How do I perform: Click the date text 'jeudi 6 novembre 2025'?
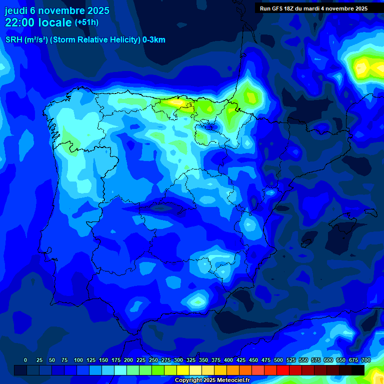coord(57,10)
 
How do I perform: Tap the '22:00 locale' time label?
coord(38,22)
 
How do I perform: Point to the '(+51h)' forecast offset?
coord(86,22)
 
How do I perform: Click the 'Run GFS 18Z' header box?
coord(313,8)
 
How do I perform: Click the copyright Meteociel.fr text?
coord(212,380)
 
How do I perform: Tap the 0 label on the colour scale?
coord(25,360)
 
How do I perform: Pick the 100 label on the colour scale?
coord(78,360)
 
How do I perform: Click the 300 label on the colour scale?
coord(178,360)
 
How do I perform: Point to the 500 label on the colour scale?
coord(278,360)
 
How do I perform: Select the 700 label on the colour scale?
coord(365,360)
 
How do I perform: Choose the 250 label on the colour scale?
coord(153,360)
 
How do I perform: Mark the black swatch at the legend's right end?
coord(358,370)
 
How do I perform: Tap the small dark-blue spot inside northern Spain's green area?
coord(209,126)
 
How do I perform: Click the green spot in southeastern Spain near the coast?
coord(196,301)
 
